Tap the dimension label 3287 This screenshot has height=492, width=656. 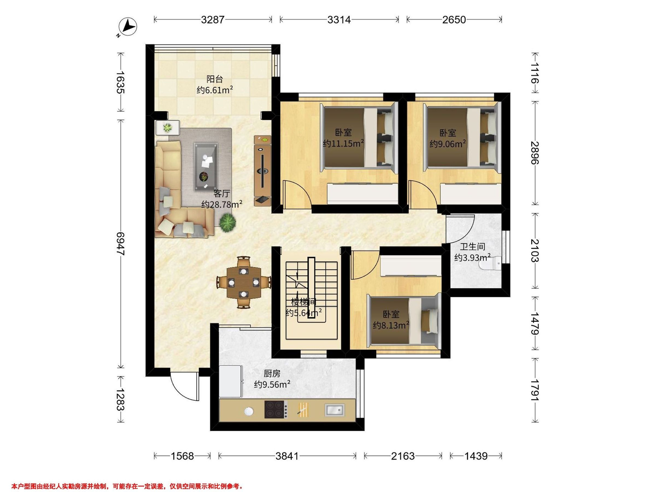pos(213,20)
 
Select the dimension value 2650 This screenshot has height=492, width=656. pos(454,20)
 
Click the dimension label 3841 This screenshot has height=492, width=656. pos(287,456)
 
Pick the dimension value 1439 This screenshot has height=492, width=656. pos(476,456)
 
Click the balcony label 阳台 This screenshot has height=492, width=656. pos(214,79)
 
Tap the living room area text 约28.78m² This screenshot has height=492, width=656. pos(222,204)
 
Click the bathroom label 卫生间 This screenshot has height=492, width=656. pos(472,247)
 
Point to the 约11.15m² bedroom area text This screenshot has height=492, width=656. pos(343,143)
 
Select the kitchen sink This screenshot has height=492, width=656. pos(335,410)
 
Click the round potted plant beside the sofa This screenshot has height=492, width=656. pos(228,222)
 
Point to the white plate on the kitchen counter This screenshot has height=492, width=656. pos(249,411)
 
